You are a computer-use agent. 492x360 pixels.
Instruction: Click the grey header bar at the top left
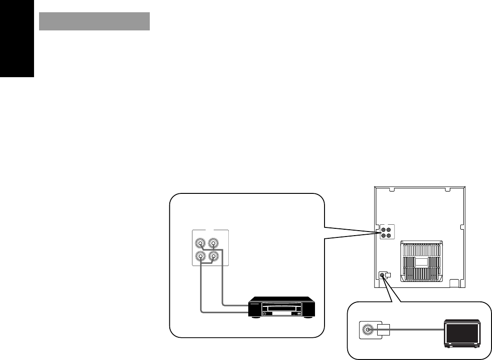point(94,21)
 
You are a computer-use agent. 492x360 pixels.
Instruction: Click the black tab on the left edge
point(17,39)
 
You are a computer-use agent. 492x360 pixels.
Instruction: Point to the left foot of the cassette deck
point(257,317)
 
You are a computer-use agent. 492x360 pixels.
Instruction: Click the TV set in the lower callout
point(462,334)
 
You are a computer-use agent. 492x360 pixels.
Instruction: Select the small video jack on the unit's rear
point(382,275)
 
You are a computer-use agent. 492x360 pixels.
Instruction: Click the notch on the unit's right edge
point(462,227)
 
